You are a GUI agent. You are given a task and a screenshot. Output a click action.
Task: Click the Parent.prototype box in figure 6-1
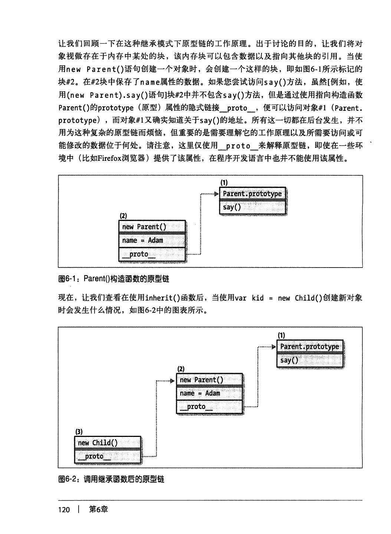click(x=253, y=194)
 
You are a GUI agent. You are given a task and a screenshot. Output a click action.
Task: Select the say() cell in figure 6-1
click(x=253, y=207)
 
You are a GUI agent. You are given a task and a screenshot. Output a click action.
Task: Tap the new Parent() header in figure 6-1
click(x=152, y=227)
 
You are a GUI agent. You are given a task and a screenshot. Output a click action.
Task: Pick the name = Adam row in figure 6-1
click(x=152, y=240)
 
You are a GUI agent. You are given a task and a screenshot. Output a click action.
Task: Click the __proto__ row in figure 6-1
click(x=152, y=254)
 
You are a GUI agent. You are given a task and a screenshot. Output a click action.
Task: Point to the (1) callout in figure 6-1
click(x=224, y=182)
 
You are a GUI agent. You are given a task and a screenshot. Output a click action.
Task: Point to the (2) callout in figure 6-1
click(x=123, y=216)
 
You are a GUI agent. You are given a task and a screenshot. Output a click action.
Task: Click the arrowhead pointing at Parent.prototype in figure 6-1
click(x=217, y=194)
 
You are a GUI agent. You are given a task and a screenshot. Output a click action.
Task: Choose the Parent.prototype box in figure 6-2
click(x=310, y=346)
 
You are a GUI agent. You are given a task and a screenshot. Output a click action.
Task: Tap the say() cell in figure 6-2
click(x=310, y=360)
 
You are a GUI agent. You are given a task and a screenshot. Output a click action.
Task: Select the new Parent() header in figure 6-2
click(x=210, y=380)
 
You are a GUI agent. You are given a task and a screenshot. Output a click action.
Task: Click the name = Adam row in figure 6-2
click(x=210, y=393)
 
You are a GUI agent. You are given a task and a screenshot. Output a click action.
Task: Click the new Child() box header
click(x=108, y=443)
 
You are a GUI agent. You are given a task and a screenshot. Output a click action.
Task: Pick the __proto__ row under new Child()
click(x=108, y=456)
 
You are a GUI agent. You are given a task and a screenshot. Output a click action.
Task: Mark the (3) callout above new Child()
click(x=79, y=431)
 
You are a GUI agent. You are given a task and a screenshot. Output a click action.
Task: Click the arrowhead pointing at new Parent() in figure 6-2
click(x=172, y=381)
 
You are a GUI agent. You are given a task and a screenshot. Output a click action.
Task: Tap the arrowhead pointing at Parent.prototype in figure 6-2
click(x=274, y=347)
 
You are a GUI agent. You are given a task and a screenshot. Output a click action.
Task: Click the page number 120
click(x=64, y=510)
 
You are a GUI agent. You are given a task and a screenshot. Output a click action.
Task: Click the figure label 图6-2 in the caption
click(x=69, y=480)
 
